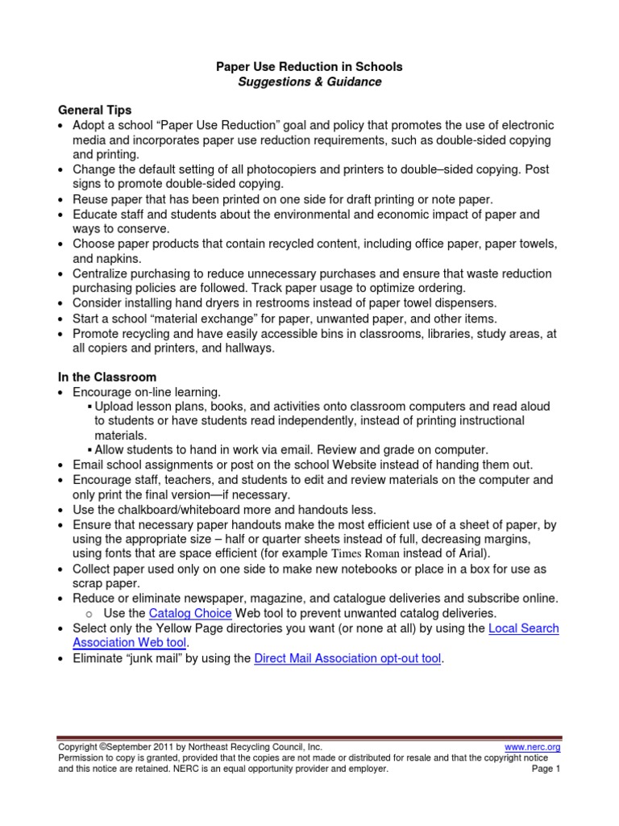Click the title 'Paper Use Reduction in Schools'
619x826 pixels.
(x=309, y=66)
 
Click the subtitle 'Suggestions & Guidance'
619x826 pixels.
(x=309, y=81)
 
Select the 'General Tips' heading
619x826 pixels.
(x=94, y=111)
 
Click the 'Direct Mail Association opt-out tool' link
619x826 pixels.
(x=347, y=658)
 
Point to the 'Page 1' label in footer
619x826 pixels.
(x=546, y=769)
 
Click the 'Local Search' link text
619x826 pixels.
(x=523, y=628)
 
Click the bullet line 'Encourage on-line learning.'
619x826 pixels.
(x=147, y=391)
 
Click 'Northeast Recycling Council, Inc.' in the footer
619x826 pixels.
(x=260, y=747)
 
